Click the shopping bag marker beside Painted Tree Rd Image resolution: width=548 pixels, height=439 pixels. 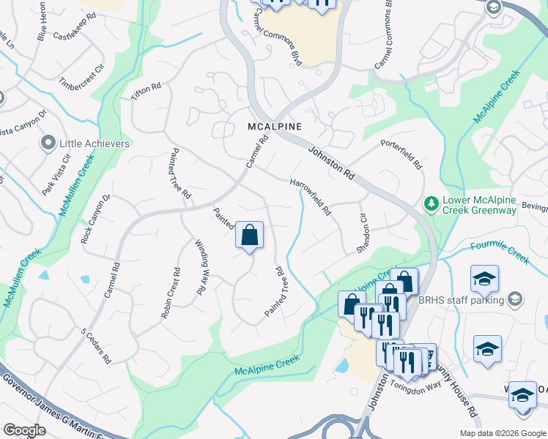click(x=249, y=236)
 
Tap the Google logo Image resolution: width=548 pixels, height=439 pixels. click(x=24, y=429)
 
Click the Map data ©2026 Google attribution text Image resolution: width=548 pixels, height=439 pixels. click(x=502, y=433)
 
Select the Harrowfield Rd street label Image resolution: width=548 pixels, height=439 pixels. click(x=311, y=197)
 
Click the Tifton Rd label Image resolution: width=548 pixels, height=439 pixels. click(x=145, y=92)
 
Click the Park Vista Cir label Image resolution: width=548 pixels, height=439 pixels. click(x=56, y=174)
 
